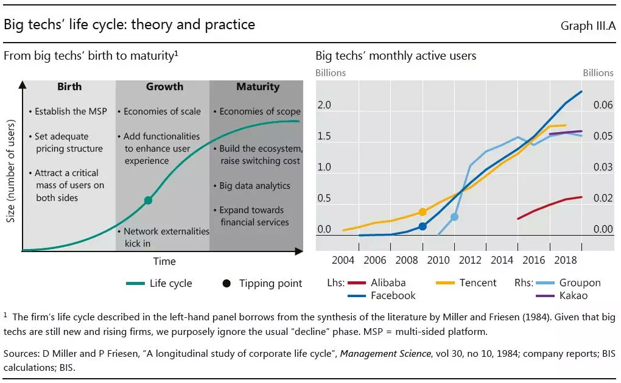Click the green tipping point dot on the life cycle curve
(x=148, y=200)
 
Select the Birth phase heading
(x=69, y=86)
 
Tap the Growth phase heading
(x=164, y=86)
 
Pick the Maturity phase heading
(x=258, y=86)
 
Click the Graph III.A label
(x=588, y=26)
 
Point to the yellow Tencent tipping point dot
(x=423, y=212)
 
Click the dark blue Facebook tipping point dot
(x=423, y=227)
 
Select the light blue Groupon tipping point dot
(x=454, y=217)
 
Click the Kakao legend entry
(x=573, y=295)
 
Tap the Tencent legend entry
(x=478, y=283)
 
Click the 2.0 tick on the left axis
(x=324, y=105)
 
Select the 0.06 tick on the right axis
(x=603, y=105)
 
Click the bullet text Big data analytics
(x=254, y=186)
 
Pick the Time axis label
(x=164, y=261)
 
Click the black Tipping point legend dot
(x=226, y=283)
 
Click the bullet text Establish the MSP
(x=69, y=111)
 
